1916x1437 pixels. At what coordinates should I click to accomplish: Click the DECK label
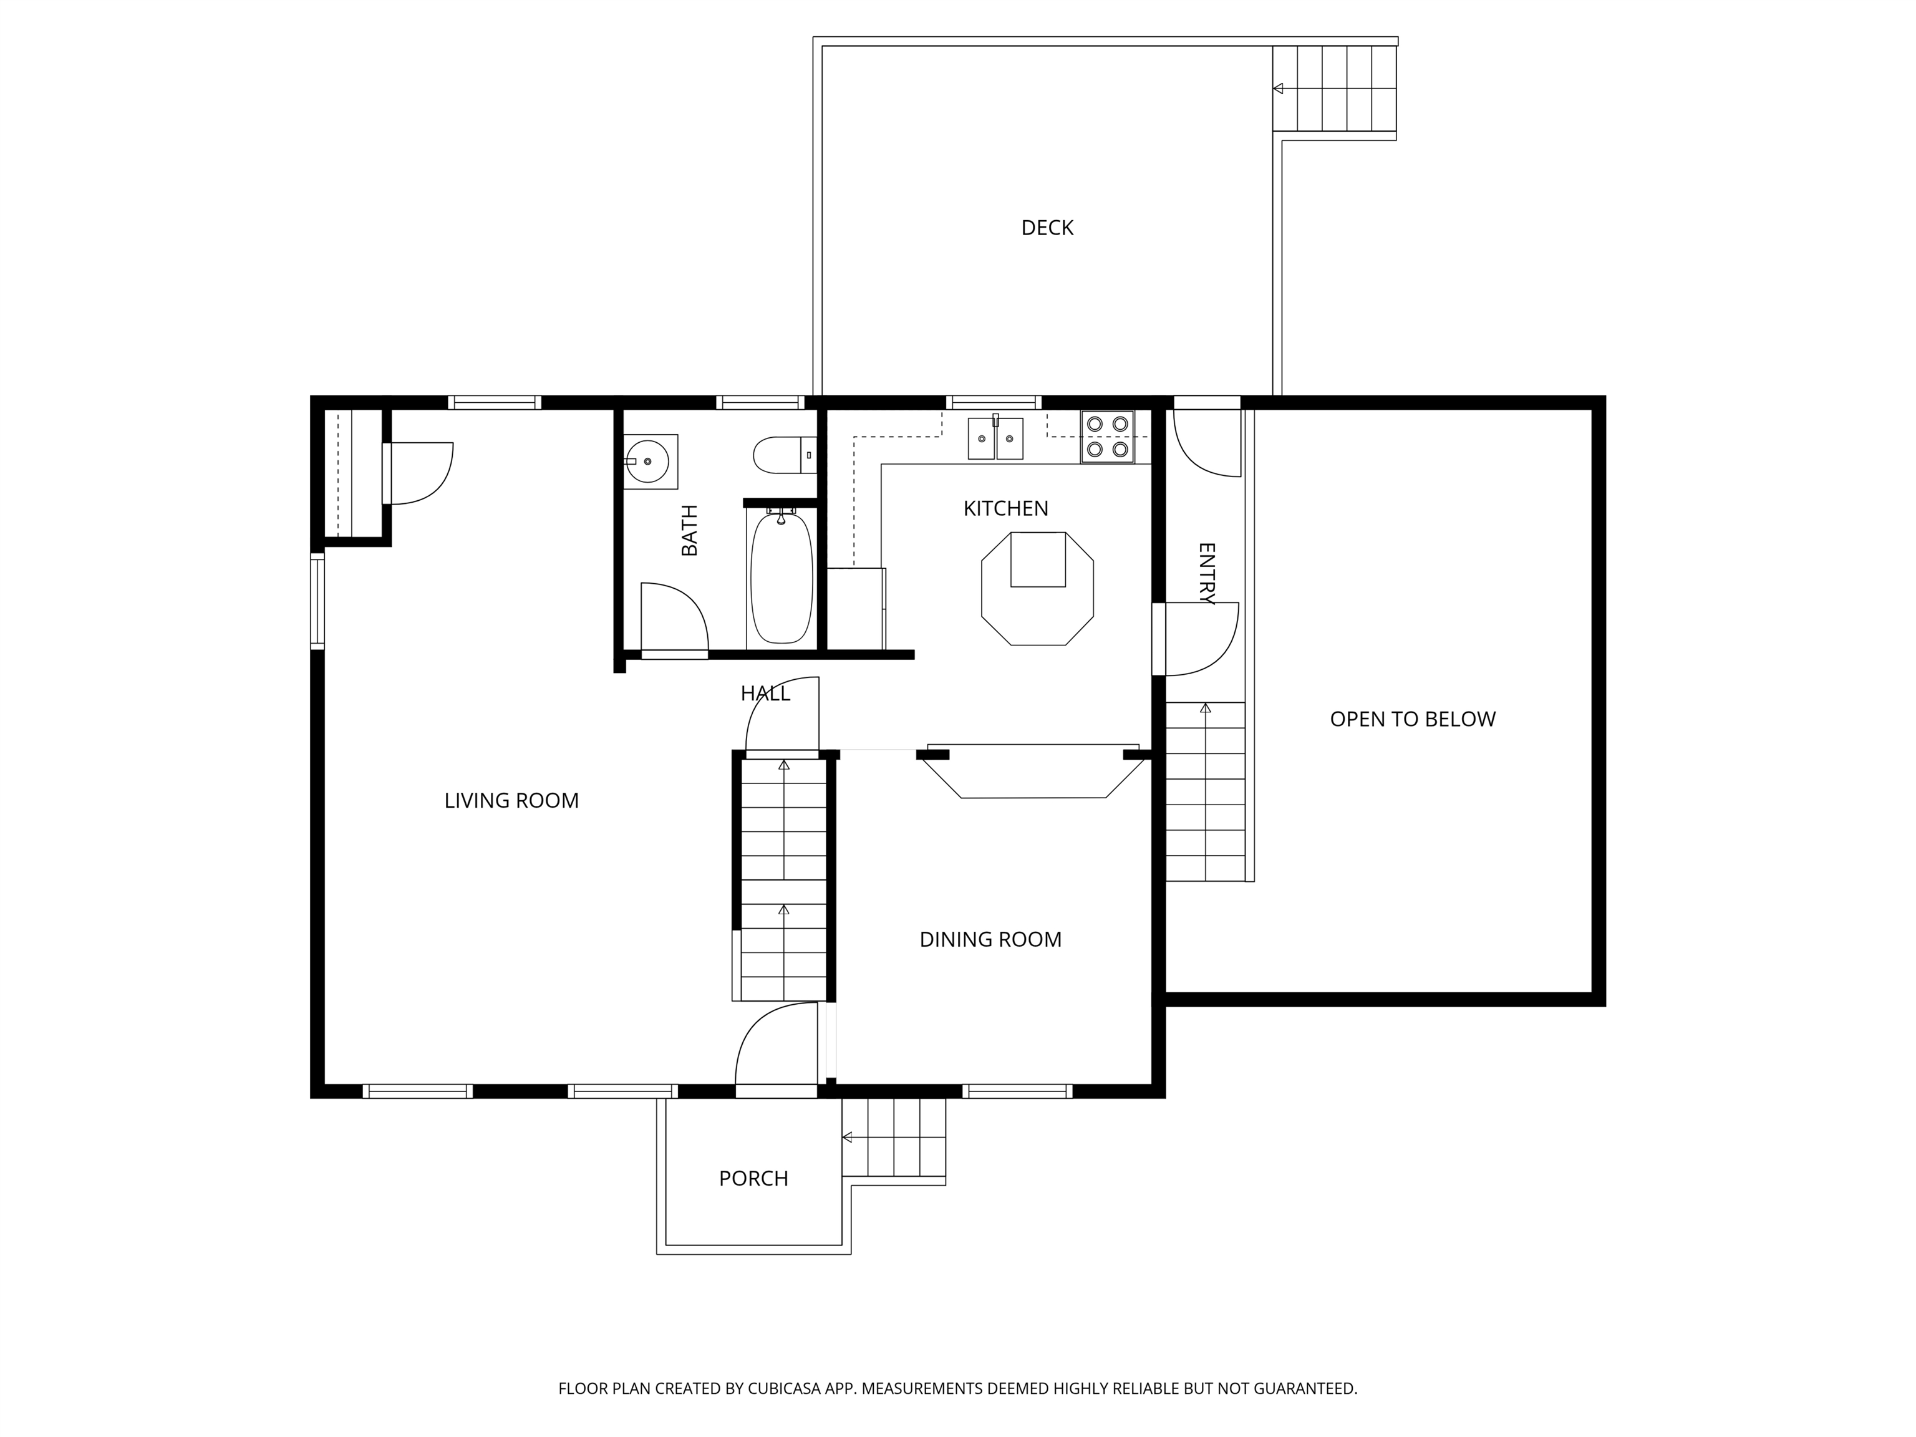(x=1047, y=228)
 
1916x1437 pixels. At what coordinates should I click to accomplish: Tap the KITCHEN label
(x=1005, y=508)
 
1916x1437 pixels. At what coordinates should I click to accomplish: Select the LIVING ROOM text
(x=511, y=800)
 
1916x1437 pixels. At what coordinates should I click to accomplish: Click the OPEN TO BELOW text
(x=1412, y=719)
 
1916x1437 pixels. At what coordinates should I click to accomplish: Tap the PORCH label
(x=753, y=1178)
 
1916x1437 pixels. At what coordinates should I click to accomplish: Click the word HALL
(x=765, y=693)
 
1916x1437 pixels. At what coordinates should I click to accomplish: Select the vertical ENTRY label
(x=1206, y=573)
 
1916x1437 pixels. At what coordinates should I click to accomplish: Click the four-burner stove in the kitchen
(x=1107, y=437)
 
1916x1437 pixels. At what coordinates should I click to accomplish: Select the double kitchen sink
(x=995, y=437)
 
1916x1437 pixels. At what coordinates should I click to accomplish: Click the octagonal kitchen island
(x=1037, y=589)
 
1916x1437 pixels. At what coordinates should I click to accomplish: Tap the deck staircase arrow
(x=1279, y=89)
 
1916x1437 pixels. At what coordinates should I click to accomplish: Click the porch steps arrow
(x=847, y=1137)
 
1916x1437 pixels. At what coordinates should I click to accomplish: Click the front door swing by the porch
(x=775, y=1047)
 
